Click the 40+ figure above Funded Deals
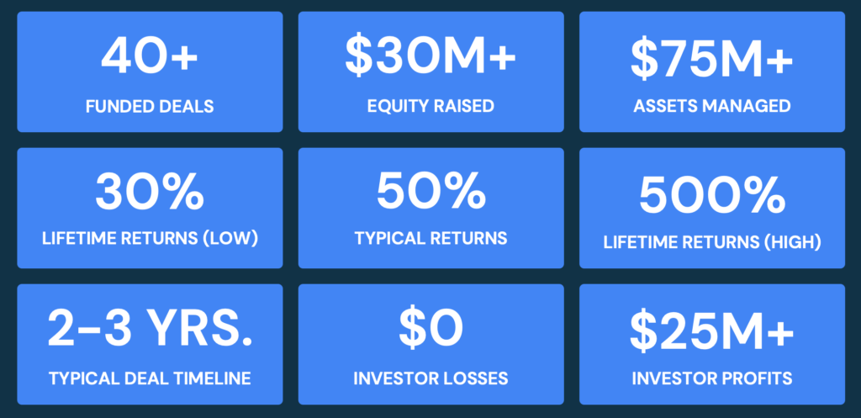[150, 56]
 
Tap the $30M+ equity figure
[431, 56]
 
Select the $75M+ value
[712, 56]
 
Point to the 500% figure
[712, 195]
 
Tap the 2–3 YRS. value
[150, 329]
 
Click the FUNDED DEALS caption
[150, 106]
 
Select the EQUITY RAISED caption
[431, 106]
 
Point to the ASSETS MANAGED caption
[712, 106]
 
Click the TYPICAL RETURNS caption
[431, 238]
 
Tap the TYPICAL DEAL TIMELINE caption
[150, 378]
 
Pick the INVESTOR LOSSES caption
[431, 378]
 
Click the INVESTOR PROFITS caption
[712, 378]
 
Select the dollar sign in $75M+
[643, 56]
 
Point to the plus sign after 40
[184, 57]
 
